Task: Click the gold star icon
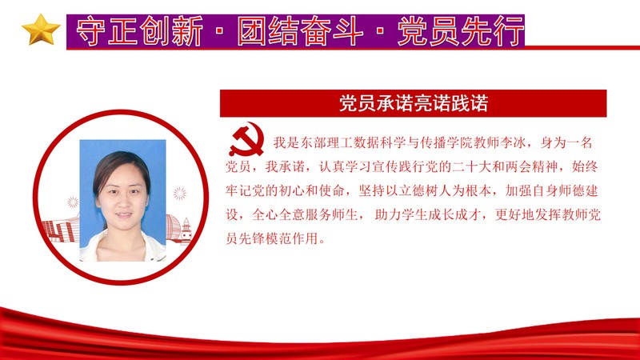click(41, 30)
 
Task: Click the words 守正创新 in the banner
click(139, 31)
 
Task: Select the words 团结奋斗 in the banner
click(301, 31)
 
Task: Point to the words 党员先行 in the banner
click(461, 31)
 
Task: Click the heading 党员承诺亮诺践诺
click(414, 104)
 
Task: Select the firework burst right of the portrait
click(180, 193)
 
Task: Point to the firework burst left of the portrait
click(73, 202)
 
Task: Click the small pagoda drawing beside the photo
click(186, 231)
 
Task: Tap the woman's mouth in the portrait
click(123, 214)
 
